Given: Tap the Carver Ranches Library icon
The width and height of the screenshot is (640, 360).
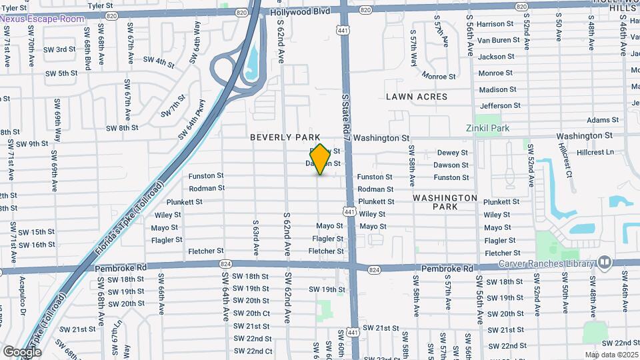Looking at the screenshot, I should tap(605, 262).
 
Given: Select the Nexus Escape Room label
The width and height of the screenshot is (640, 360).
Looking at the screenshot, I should tap(42, 19).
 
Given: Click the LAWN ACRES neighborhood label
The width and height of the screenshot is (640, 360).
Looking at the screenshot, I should tap(417, 97).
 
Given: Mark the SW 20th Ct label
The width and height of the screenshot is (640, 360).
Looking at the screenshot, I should tap(252, 313).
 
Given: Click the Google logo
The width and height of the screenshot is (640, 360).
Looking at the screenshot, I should tap(22, 351).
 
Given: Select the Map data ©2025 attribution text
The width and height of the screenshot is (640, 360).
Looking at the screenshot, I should tap(611, 355).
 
